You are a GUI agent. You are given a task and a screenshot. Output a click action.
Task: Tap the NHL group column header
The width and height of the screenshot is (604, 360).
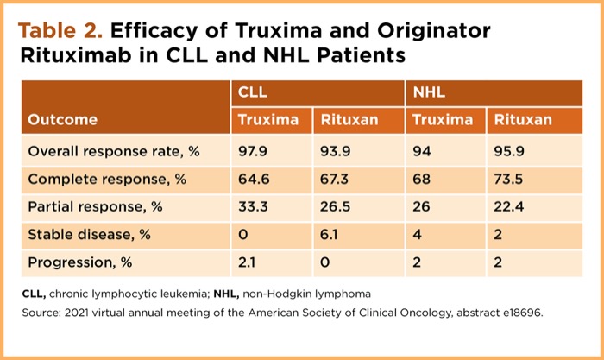pyautogui.click(x=429, y=92)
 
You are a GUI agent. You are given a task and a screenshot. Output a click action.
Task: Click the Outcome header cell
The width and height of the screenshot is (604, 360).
pyautogui.click(x=63, y=120)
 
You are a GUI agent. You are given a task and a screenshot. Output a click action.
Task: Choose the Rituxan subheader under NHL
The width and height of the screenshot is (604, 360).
pyautogui.click(x=522, y=120)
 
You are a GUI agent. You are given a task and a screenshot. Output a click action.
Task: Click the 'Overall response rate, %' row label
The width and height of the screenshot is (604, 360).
pyautogui.click(x=114, y=151)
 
